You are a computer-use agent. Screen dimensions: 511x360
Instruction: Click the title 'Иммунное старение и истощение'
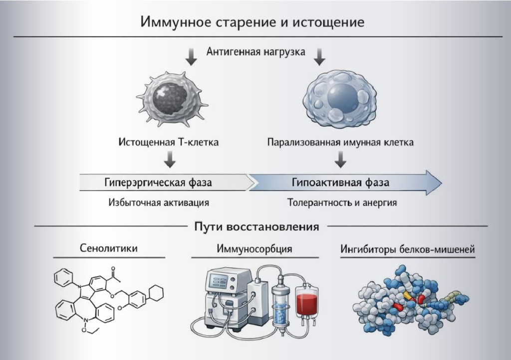[252, 22]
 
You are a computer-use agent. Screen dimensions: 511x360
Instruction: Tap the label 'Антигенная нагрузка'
[256, 52]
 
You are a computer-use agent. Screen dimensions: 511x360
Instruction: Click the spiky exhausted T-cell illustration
[172, 99]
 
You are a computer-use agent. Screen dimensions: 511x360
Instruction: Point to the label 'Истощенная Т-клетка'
[169, 142]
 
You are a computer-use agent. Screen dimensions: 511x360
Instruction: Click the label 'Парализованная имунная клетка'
[340, 142]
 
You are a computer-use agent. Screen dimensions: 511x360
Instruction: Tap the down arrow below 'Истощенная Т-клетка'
[170, 159]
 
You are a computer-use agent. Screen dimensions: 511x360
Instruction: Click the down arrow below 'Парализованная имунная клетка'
[340, 159]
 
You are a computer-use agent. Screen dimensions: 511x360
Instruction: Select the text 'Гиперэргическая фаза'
[158, 182]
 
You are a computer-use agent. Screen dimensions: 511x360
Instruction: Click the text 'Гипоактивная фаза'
[340, 182]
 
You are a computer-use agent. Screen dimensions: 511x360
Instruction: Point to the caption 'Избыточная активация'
[159, 202]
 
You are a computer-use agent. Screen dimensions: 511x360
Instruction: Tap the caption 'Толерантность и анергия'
[342, 202]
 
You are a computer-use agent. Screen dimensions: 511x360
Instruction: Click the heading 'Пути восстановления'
[256, 226]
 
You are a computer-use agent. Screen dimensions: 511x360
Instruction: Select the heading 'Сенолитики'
[109, 248]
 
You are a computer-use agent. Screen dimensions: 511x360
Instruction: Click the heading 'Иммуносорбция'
[254, 249]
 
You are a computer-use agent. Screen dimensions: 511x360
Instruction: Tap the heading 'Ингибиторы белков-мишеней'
[407, 249]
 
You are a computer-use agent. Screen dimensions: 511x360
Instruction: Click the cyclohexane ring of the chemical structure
[156, 293]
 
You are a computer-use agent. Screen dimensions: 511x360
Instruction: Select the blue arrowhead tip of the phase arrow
[442, 182]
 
